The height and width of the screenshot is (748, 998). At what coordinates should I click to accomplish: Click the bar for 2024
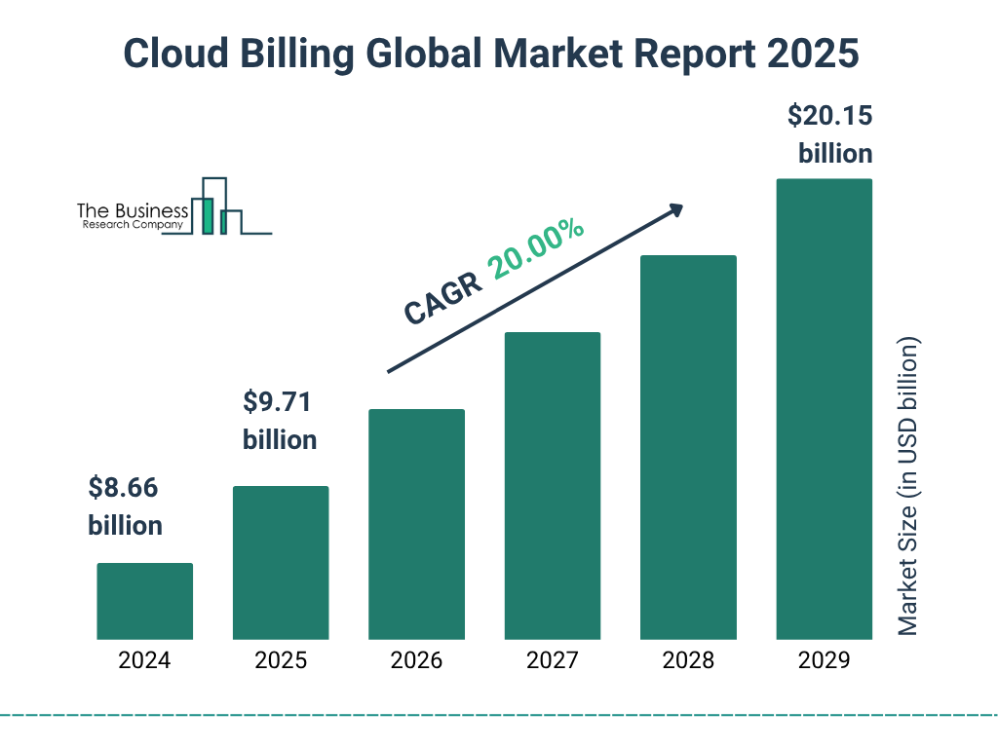pyautogui.click(x=144, y=601)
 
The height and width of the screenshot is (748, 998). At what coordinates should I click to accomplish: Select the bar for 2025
pyautogui.click(x=281, y=563)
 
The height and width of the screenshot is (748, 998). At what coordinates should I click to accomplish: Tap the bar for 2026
pyautogui.click(x=416, y=524)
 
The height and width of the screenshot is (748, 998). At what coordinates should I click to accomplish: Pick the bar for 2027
pyautogui.click(x=553, y=486)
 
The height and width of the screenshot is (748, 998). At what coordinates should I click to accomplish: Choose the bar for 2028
pyautogui.click(x=688, y=447)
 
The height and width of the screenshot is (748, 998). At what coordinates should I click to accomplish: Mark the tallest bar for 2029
pyautogui.click(x=824, y=409)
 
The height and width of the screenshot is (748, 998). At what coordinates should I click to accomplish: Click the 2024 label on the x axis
pyautogui.click(x=144, y=660)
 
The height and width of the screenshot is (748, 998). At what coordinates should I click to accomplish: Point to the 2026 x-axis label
pyautogui.click(x=416, y=660)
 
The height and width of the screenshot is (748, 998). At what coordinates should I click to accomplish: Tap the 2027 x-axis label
pyautogui.click(x=553, y=660)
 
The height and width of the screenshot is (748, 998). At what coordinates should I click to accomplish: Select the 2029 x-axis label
pyautogui.click(x=824, y=660)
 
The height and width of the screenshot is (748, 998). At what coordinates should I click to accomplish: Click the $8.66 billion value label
pyautogui.click(x=125, y=506)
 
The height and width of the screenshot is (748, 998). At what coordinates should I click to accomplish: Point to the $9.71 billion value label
pyautogui.click(x=280, y=421)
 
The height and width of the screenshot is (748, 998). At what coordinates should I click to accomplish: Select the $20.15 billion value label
pyautogui.click(x=830, y=134)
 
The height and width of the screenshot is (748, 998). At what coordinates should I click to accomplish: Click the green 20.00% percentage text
pyautogui.click(x=537, y=249)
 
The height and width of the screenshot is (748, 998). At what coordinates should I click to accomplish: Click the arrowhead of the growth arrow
pyautogui.click(x=675, y=209)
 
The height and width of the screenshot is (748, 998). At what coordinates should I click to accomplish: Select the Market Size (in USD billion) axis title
pyautogui.click(x=908, y=487)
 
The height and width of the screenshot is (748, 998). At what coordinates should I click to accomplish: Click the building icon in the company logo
pyautogui.click(x=216, y=207)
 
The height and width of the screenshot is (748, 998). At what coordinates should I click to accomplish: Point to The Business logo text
pyautogui.click(x=133, y=211)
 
